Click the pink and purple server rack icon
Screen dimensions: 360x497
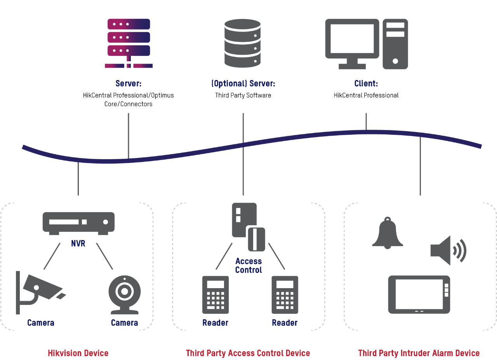pyautogui.click(x=129, y=43)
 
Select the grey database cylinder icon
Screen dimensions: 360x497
pyautogui.click(x=242, y=43)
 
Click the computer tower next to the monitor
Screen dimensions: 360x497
pyautogui.click(x=395, y=44)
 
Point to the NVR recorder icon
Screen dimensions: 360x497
pyautogui.click(x=78, y=223)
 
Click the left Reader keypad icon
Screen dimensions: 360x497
pyautogui.click(x=215, y=295)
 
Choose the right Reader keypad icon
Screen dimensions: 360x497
pyautogui.click(x=285, y=295)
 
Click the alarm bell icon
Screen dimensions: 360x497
pyautogui.click(x=387, y=233)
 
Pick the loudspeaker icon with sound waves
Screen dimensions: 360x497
pyautogui.click(x=448, y=250)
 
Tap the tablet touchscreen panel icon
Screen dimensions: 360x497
pyautogui.click(x=419, y=295)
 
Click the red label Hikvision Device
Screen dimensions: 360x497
pyautogui.click(x=78, y=353)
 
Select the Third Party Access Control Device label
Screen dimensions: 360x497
pyautogui.click(x=248, y=353)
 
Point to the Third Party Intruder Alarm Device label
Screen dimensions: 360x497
pyautogui.click(x=419, y=353)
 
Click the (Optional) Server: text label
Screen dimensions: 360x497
pyautogui.click(x=243, y=83)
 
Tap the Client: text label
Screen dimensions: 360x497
pyautogui.click(x=366, y=83)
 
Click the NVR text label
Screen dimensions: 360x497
pyautogui.click(x=78, y=244)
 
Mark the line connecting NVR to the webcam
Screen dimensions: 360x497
pyautogui.click(x=104, y=256)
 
